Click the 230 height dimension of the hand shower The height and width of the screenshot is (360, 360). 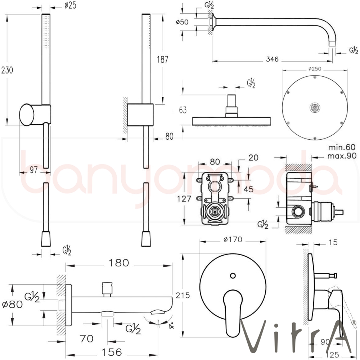tap(7, 70)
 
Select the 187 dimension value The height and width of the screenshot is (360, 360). tap(163, 59)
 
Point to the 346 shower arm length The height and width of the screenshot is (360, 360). tap(272, 60)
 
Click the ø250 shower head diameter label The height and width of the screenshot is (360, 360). tap(314, 69)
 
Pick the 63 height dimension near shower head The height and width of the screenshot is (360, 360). tap(183, 110)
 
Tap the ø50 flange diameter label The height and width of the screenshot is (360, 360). tap(183, 22)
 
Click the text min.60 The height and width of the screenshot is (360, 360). tap(342, 147)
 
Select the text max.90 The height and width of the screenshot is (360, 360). tap(342, 156)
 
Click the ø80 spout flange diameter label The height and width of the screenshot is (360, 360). tap(12, 304)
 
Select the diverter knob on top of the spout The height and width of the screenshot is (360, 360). tap(107, 288)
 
